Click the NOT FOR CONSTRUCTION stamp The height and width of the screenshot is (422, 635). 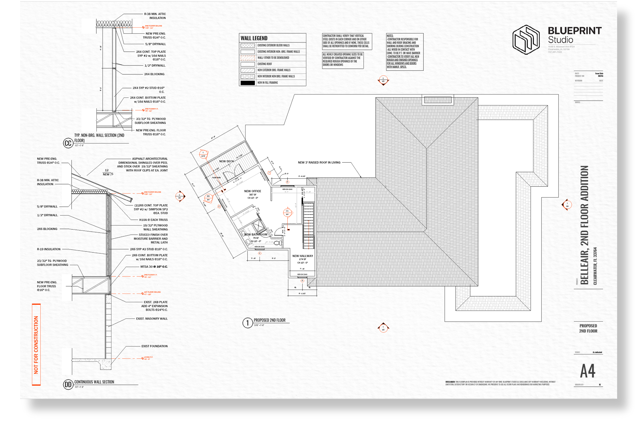(36, 345)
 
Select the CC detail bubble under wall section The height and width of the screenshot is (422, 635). (68, 143)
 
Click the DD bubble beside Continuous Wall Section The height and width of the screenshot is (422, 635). (68, 384)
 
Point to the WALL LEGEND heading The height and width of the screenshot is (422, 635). (254, 38)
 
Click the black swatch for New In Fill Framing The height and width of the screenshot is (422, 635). (247, 83)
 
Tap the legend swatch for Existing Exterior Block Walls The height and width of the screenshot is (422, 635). (247, 45)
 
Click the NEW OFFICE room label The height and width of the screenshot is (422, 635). (252, 191)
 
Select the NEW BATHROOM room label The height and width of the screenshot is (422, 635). (256, 234)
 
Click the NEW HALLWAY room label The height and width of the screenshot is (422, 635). (303, 256)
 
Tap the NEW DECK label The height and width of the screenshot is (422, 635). (226, 161)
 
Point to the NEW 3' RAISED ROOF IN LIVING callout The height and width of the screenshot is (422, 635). (319, 163)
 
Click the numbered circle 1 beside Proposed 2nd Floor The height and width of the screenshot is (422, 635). (247, 323)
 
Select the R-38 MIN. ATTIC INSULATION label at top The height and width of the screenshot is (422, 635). (155, 16)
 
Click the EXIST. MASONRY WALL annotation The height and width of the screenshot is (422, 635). (152, 319)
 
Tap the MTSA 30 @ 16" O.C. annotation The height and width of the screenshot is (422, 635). (154, 267)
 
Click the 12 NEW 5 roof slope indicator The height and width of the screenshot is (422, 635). (107, 172)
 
